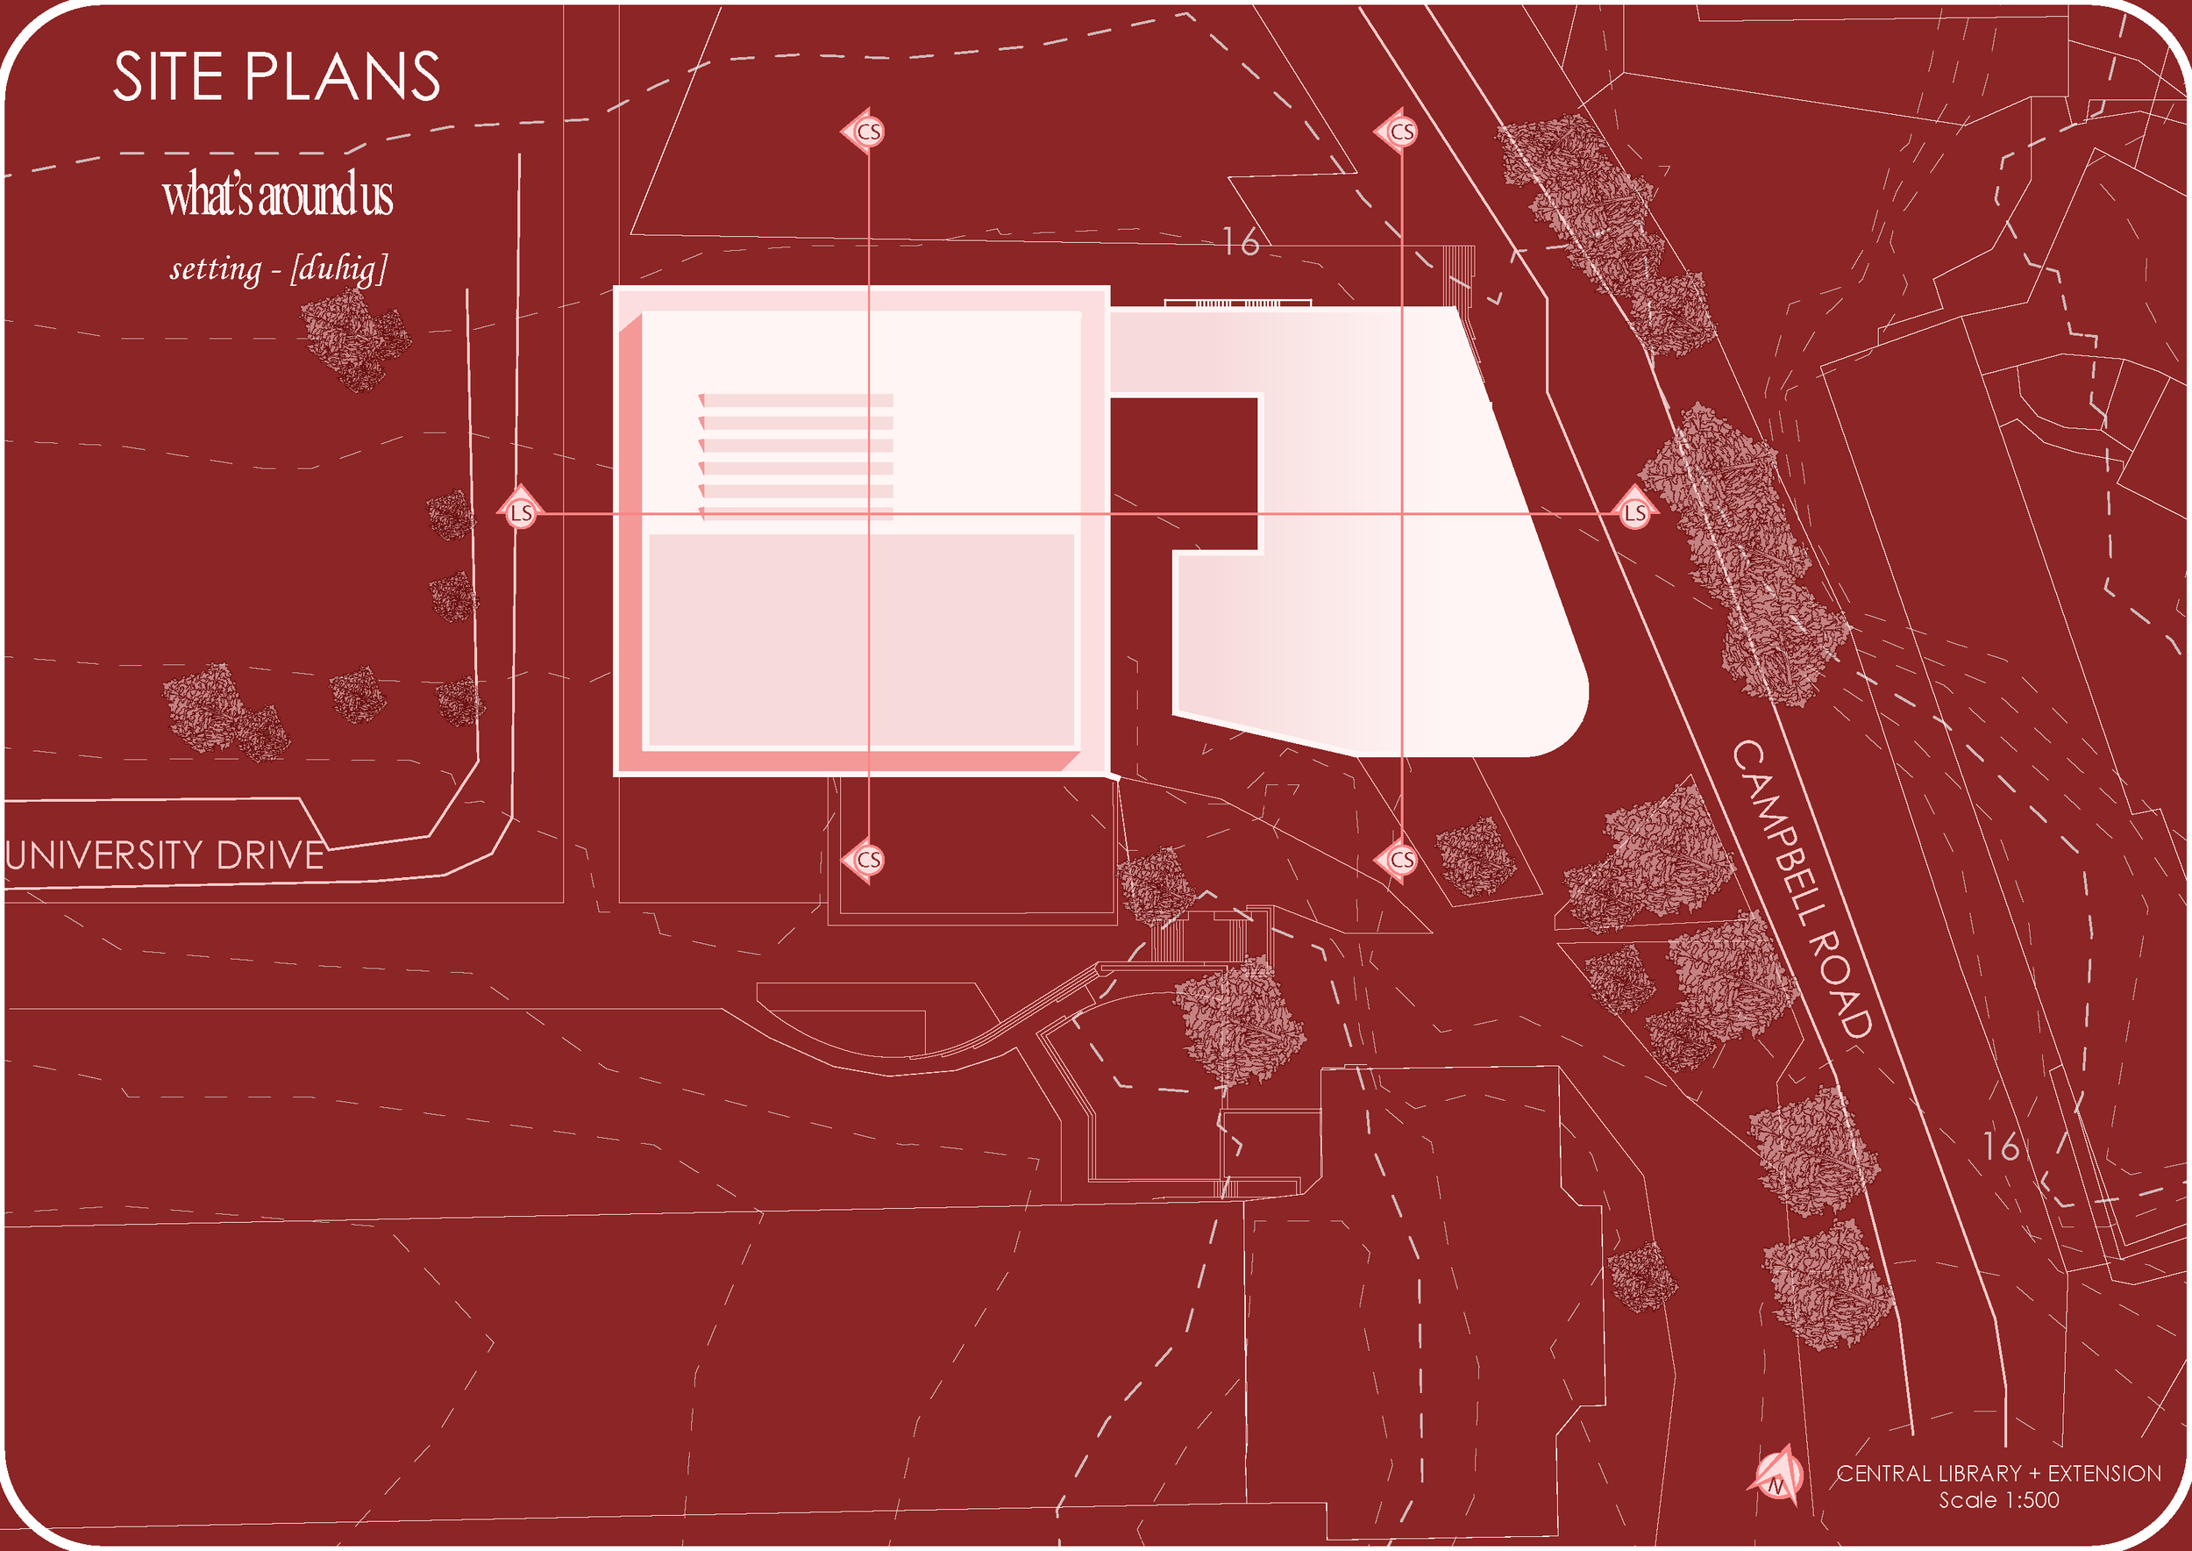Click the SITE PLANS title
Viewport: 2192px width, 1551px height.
[x=277, y=76]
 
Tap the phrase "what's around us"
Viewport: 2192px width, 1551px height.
[x=278, y=195]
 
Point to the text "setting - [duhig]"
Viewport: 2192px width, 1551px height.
[x=278, y=268]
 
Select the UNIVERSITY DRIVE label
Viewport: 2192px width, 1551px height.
[x=164, y=854]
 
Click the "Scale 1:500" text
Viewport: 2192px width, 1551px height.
[x=1998, y=1500]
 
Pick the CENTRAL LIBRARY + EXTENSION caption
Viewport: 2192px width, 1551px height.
[x=1998, y=1474]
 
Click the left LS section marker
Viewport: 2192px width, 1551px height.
[x=520, y=513]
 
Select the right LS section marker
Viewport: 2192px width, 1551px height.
[x=1634, y=513]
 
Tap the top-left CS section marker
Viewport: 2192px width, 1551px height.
[x=867, y=132]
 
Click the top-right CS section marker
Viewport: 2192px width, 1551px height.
[x=1399, y=132]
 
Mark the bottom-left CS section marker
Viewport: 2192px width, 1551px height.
[x=867, y=860]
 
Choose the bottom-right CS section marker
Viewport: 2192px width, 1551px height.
[x=1399, y=860]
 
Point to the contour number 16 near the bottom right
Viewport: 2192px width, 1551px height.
[x=2001, y=1147]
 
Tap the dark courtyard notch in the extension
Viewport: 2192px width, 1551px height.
[x=1184, y=473]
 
